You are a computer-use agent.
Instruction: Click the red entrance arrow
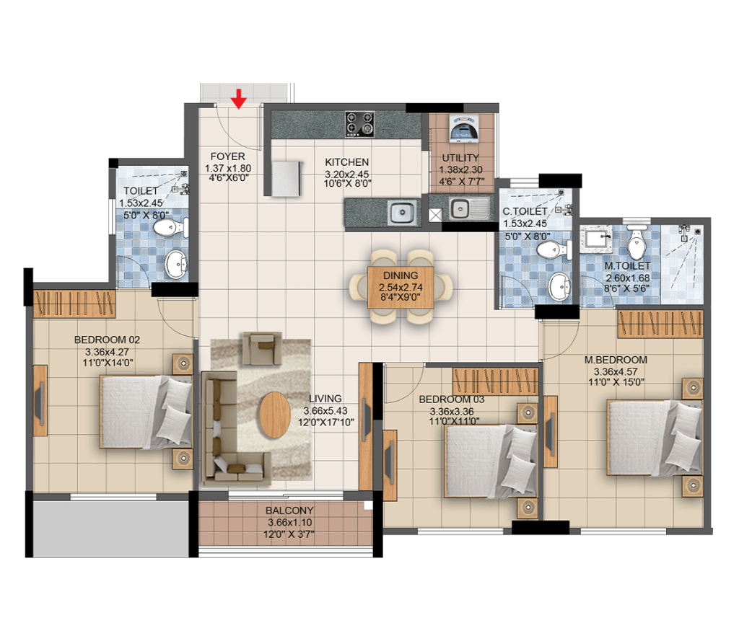point(240,99)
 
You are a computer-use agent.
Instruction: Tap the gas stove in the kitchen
point(359,124)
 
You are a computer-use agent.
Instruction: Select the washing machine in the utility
point(463,128)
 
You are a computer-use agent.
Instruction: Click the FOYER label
point(227,156)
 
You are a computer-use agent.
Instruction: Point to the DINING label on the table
point(401,275)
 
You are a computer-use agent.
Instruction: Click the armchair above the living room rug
point(262,348)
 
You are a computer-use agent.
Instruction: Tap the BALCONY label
point(289,510)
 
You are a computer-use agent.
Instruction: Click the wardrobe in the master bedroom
point(660,324)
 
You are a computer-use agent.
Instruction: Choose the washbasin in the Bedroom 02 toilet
point(176,265)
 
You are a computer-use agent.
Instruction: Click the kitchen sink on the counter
point(402,213)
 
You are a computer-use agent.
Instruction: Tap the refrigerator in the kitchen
point(286,179)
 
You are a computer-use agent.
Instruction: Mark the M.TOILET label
point(627,266)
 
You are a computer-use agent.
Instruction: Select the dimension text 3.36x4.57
point(616,371)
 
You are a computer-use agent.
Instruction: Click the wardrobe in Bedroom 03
point(495,381)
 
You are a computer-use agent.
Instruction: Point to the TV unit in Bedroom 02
point(40,400)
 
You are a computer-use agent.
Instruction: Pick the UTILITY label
point(460,158)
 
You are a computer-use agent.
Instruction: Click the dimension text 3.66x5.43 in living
point(325,411)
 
